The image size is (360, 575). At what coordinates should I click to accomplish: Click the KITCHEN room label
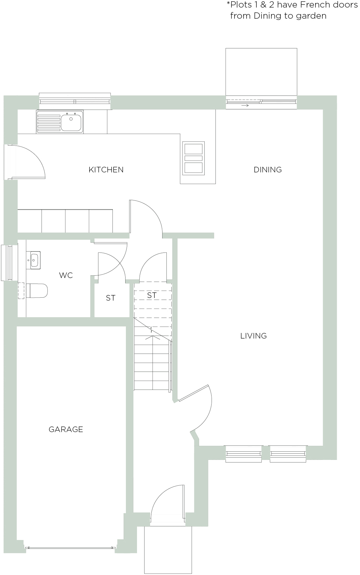pos(106,169)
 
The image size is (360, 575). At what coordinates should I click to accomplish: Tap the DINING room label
pos(267,169)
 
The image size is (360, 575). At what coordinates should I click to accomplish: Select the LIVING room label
pos(253,336)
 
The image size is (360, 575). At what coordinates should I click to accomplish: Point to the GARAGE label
pos(66,429)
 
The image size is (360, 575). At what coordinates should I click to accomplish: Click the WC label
pos(66,275)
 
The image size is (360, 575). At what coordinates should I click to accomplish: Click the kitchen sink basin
pos(71,122)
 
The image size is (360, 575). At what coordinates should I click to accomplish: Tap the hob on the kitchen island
pos(194,158)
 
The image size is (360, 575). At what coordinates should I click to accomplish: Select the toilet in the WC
pos(38,290)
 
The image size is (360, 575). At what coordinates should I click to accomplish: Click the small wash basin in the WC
pos(35,260)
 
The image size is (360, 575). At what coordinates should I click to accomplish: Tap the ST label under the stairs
pos(152,295)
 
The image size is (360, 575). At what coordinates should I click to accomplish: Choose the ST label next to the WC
pos(111,298)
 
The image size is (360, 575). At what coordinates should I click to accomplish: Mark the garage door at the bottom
pos(70,548)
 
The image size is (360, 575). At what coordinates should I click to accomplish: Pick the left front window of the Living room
pos(243,454)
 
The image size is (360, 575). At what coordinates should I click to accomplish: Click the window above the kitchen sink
pos(75,102)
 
